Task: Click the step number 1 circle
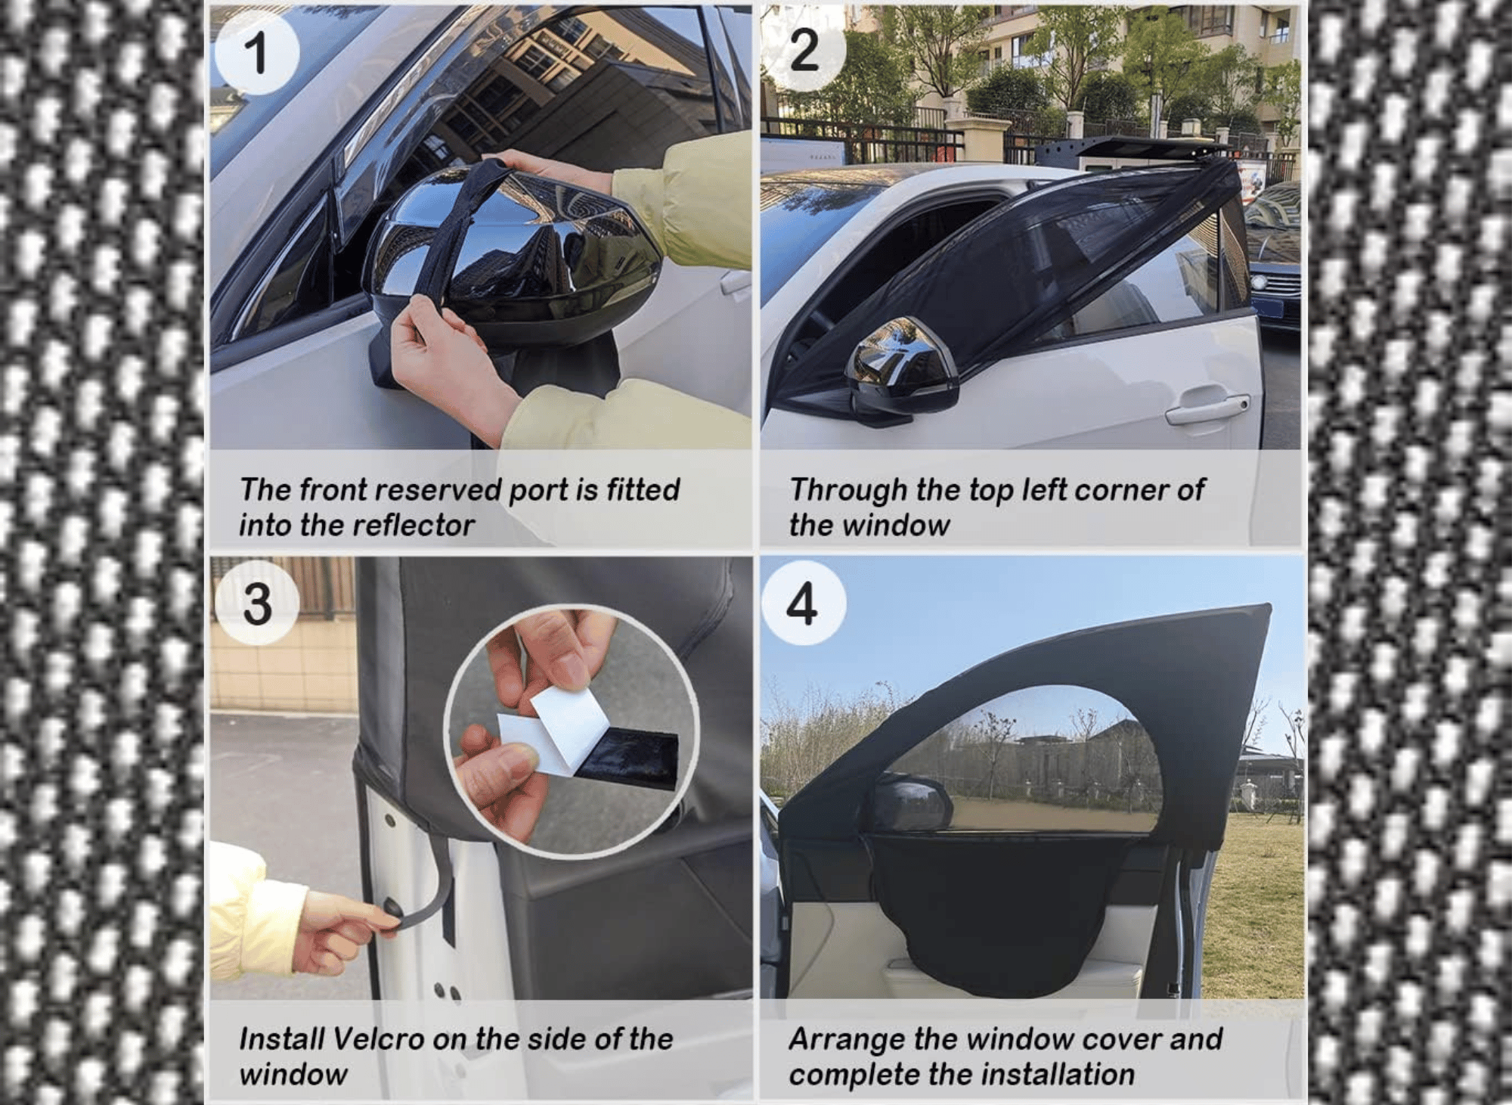pyautogui.click(x=257, y=53)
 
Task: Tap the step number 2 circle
pyautogui.click(x=804, y=51)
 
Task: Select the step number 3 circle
pyautogui.click(x=257, y=603)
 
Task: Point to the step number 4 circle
pyautogui.click(x=804, y=603)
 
